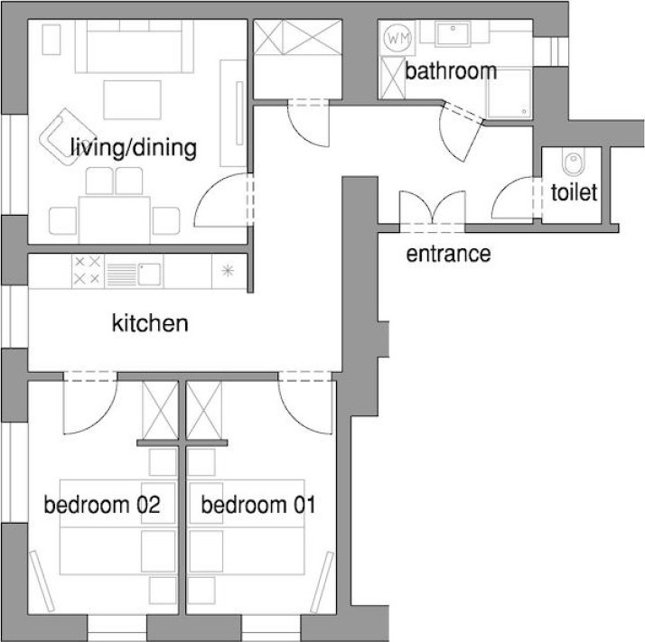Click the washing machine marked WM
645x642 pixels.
pyautogui.click(x=397, y=38)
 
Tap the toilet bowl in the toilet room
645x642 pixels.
pyautogui.click(x=573, y=162)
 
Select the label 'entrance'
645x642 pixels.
pyautogui.click(x=448, y=254)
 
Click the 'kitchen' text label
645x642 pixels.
pyautogui.click(x=150, y=323)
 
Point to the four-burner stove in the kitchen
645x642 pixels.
pyautogui.click(x=88, y=271)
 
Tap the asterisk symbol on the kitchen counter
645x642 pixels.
pyautogui.click(x=228, y=271)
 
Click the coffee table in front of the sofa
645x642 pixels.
pyautogui.click(x=132, y=100)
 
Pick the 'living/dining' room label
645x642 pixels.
pyautogui.click(x=134, y=148)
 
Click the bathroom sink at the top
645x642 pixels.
pyautogui.click(x=453, y=33)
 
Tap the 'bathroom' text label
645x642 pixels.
pyautogui.click(x=451, y=71)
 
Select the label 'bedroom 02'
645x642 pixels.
pyautogui.click(x=102, y=505)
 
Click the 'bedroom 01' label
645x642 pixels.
pyautogui.click(x=258, y=505)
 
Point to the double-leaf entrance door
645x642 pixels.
pyautogui.click(x=433, y=209)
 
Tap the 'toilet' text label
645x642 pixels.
pyautogui.click(x=574, y=192)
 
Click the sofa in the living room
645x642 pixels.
pyautogui.click(x=134, y=47)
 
